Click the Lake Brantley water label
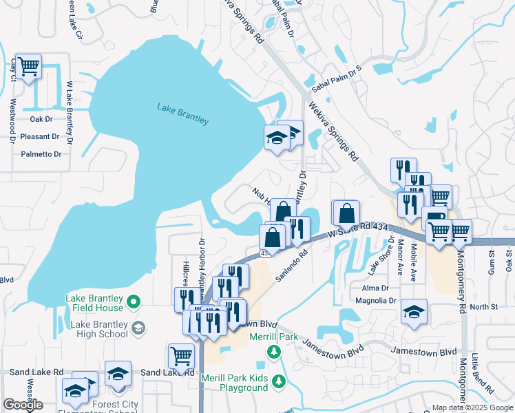click(182, 114)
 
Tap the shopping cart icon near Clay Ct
click(28, 67)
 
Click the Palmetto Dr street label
click(41, 153)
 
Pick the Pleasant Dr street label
click(42, 136)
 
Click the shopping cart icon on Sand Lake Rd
click(180, 355)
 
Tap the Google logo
click(23, 405)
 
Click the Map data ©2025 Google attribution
click(472, 408)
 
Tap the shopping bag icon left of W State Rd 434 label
click(346, 213)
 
